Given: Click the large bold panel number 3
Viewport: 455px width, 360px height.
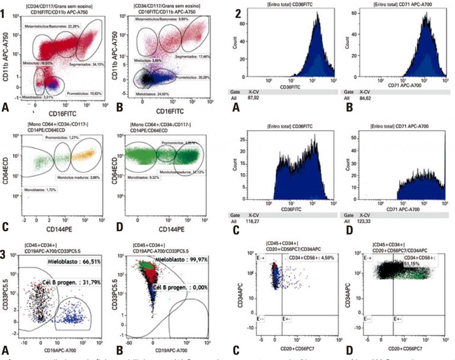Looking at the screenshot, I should [x=4, y=255].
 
